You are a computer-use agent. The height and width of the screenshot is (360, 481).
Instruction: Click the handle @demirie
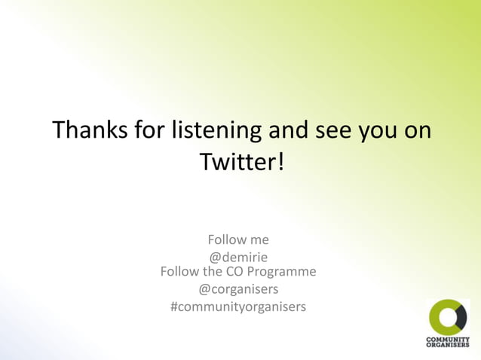238,258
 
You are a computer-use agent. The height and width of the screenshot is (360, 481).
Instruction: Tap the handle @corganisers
238,289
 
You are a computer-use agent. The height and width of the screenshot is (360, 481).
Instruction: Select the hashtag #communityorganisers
238,307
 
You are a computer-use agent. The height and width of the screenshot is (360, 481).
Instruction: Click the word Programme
280,271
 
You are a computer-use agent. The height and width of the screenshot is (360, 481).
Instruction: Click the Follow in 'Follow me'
226,239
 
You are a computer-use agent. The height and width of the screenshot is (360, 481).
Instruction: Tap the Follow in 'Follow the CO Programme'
180,271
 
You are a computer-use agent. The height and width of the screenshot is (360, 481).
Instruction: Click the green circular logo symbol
448,317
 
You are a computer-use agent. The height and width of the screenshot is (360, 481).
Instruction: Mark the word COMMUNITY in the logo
448,340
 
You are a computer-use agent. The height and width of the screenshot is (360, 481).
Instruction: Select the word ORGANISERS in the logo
448,345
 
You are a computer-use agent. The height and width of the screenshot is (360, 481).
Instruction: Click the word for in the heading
148,130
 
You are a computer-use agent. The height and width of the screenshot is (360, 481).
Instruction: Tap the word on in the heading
418,130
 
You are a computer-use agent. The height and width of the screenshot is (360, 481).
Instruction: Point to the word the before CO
212,271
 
